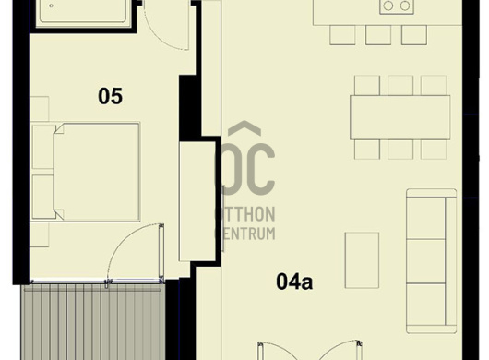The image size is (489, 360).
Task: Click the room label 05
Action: (110, 96)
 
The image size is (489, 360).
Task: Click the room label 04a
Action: (294, 281)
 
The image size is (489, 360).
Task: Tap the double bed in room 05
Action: (97, 173)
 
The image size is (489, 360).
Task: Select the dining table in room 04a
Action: (400, 117)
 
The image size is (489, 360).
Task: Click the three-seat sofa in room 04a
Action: (431, 261)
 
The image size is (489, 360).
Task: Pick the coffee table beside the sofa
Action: (362, 260)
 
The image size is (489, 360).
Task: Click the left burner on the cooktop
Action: (388, 6)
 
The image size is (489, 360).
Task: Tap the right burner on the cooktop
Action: (405, 6)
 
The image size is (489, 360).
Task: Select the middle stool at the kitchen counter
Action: (378, 35)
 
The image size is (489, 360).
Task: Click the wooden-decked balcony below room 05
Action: (93, 322)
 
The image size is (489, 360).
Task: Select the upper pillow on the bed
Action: (43, 147)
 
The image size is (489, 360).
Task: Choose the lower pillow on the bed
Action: (43, 197)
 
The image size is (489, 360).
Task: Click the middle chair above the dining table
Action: (400, 85)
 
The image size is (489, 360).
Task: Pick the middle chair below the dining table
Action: (400, 150)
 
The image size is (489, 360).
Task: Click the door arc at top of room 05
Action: (166, 28)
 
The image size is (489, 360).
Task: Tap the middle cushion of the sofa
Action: (426, 261)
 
